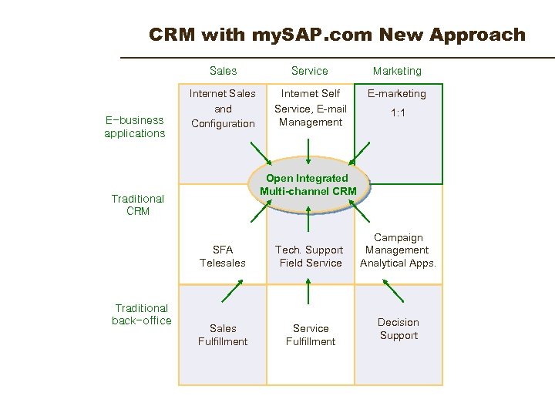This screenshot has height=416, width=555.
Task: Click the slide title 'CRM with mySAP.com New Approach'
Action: pyautogui.click(x=337, y=35)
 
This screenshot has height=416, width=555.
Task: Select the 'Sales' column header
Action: pyautogui.click(x=223, y=71)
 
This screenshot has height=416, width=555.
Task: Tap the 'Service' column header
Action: pyautogui.click(x=309, y=71)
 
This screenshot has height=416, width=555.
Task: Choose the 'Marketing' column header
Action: pyautogui.click(x=397, y=71)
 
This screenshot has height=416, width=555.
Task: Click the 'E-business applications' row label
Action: pyautogui.click(x=135, y=126)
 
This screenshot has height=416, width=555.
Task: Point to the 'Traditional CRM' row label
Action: pyautogui.click(x=138, y=205)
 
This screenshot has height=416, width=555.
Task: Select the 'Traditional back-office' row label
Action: pyautogui.click(x=142, y=314)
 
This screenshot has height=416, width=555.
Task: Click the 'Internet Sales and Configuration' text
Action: pyautogui.click(x=223, y=109)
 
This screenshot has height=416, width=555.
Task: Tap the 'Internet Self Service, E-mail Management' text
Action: pyautogui.click(x=311, y=108)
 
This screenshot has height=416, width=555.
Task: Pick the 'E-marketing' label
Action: pyautogui.click(x=397, y=94)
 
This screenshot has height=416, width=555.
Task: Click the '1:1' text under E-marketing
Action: pyautogui.click(x=399, y=112)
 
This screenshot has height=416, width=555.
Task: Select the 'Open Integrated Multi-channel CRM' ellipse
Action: pyautogui.click(x=308, y=184)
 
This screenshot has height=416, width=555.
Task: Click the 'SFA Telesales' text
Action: pyautogui.click(x=223, y=257)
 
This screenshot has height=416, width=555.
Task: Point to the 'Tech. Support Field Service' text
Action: pyautogui.click(x=311, y=257)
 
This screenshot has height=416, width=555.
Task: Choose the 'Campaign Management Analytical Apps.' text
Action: pyautogui.click(x=398, y=250)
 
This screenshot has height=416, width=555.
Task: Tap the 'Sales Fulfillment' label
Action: pyautogui.click(x=223, y=335)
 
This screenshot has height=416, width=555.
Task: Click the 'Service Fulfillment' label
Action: pyautogui.click(x=311, y=335)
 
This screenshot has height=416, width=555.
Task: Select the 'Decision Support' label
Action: pyautogui.click(x=399, y=329)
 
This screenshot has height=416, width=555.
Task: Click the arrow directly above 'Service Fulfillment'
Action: pyautogui.click(x=309, y=291)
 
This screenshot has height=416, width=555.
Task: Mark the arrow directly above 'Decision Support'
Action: pyautogui.click(x=393, y=290)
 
